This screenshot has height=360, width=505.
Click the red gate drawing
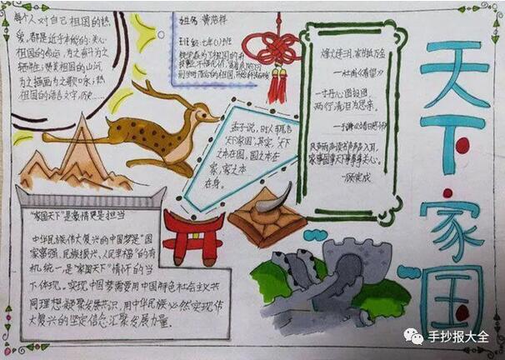pos(193,235)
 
